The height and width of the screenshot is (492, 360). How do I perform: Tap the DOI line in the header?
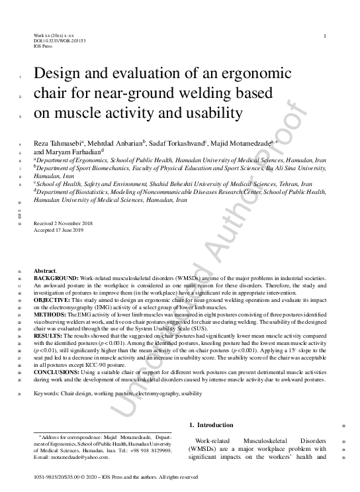tap(60, 40)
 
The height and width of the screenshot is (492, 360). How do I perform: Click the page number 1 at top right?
tap(324, 34)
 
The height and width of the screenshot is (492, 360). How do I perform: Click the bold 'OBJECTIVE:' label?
tap(52, 299)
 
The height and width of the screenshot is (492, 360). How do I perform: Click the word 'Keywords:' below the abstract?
tap(49, 393)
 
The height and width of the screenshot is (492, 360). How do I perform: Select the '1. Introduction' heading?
tap(211, 425)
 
